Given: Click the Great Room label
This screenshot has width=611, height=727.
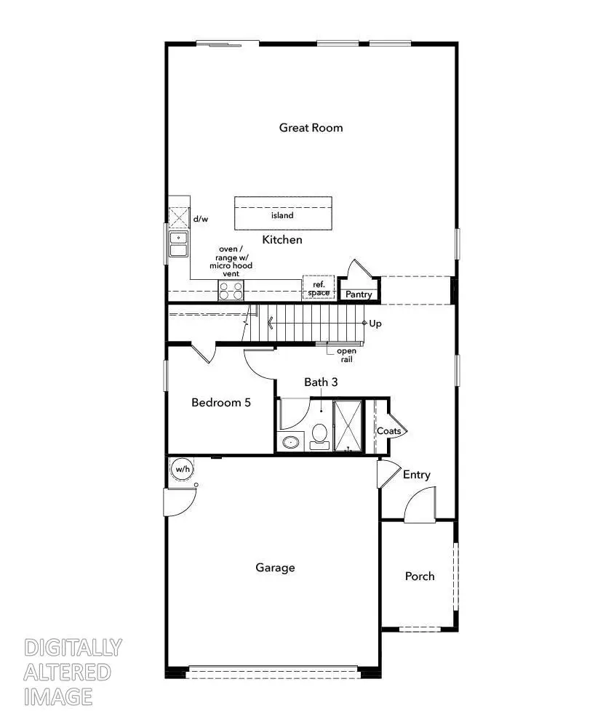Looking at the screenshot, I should click(x=311, y=128).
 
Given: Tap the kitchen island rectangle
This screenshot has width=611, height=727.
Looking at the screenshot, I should click(x=283, y=213).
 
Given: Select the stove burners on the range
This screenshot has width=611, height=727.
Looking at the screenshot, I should click(x=231, y=291).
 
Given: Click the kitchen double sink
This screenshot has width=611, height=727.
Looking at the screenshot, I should click(x=178, y=244).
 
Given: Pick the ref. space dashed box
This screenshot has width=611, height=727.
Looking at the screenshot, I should click(x=319, y=288).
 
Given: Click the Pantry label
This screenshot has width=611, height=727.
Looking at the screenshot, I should click(x=359, y=294).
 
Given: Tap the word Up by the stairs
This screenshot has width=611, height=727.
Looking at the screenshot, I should click(x=375, y=324).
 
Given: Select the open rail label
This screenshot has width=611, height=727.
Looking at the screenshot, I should click(x=346, y=356).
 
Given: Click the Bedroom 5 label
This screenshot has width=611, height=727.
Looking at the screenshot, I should click(x=221, y=402).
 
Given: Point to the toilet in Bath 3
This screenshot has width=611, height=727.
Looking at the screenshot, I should click(x=319, y=435).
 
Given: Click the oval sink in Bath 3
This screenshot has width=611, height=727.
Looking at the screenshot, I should click(x=292, y=441).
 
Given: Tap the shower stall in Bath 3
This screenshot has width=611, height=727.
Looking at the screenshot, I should click(x=348, y=425).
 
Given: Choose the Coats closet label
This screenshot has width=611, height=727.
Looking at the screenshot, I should click(x=388, y=431).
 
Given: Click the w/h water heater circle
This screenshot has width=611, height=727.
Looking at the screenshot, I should click(x=182, y=469).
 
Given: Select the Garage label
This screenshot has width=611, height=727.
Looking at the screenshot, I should click(x=275, y=568).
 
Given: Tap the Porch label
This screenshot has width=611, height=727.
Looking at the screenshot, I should click(x=420, y=577).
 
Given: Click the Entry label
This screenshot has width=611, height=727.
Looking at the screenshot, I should click(x=417, y=475).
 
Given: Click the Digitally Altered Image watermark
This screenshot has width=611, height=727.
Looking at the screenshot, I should click(x=73, y=672).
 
